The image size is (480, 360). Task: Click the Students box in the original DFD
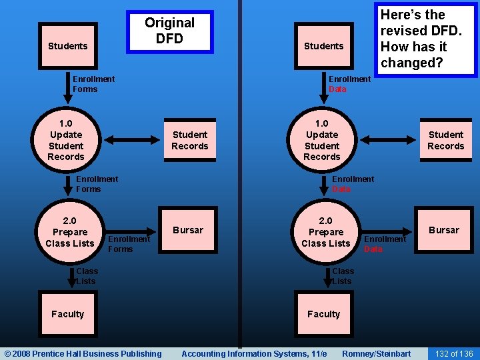click(67, 46)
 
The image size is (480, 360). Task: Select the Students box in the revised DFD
click(323, 46)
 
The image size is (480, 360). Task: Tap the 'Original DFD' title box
click(170, 31)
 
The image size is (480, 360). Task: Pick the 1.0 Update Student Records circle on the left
click(66, 140)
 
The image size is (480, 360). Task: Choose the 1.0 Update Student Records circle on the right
click(322, 140)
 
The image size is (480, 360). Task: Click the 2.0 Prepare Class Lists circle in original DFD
click(69, 232)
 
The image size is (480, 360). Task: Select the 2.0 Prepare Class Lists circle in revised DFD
click(325, 232)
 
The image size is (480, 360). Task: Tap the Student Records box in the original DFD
click(189, 140)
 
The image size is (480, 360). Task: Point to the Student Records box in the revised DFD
click(445, 140)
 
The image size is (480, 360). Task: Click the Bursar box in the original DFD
click(188, 231)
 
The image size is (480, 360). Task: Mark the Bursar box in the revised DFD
click(444, 231)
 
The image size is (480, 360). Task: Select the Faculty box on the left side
click(67, 314)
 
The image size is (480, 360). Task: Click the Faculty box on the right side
click(323, 314)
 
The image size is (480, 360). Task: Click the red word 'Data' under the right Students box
click(337, 89)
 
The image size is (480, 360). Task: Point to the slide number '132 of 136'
click(453, 353)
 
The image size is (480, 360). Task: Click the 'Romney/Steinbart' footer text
click(376, 353)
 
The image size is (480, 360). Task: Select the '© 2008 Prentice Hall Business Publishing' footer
click(83, 353)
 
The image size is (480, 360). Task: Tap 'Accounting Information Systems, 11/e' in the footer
click(254, 353)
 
